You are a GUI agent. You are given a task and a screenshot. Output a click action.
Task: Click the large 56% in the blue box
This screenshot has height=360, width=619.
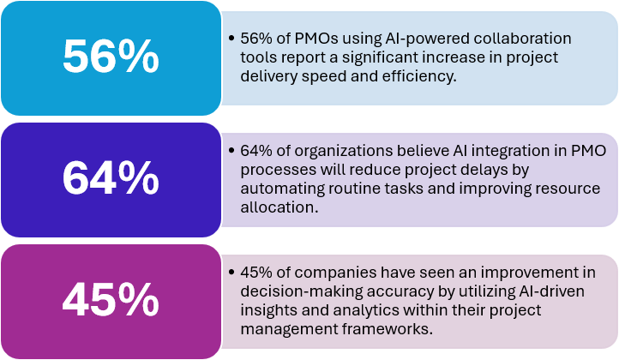tap(111, 57)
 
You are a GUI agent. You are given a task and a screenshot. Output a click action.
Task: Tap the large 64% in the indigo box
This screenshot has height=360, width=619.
tap(111, 178)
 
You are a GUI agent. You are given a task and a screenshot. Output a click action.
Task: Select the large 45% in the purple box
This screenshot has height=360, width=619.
tap(111, 300)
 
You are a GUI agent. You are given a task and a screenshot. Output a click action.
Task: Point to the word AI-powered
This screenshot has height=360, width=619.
tap(411, 39)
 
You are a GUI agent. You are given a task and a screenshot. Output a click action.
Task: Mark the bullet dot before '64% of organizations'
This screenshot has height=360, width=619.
tap(232, 150)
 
